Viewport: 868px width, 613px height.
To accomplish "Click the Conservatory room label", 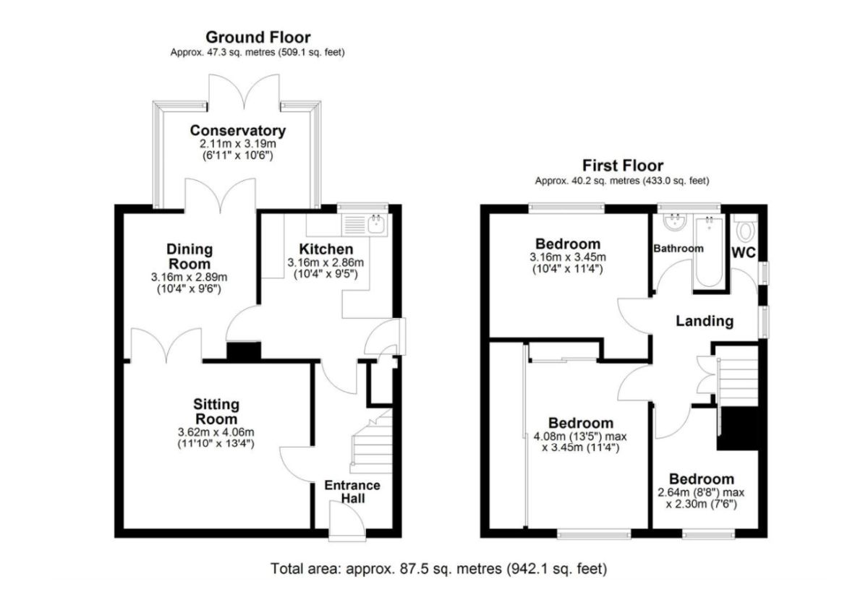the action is tap(238, 131).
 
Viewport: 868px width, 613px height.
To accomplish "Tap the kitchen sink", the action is tap(375, 225).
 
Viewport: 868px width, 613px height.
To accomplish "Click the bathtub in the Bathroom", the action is tap(709, 252).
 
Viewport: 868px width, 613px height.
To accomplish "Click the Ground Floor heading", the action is tap(258, 38).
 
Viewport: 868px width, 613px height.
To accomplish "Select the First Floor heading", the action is tap(623, 166).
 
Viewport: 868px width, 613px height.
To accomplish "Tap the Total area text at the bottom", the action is tap(438, 568).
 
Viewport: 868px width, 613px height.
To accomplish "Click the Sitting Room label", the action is tap(216, 411).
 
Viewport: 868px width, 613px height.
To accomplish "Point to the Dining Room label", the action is tap(190, 257).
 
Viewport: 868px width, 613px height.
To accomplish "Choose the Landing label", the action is tap(705, 322).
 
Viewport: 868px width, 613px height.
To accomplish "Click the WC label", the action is tap(744, 253).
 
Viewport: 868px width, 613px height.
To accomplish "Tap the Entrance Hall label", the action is tap(352, 492).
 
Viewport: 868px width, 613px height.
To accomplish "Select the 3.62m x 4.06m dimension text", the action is tap(216, 432).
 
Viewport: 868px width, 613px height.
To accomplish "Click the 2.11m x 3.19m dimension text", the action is tap(238, 144).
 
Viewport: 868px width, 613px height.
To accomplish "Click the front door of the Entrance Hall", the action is tap(347, 520).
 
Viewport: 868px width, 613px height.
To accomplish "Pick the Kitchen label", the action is tap(326, 249).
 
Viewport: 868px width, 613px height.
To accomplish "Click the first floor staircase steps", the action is tap(738, 382).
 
